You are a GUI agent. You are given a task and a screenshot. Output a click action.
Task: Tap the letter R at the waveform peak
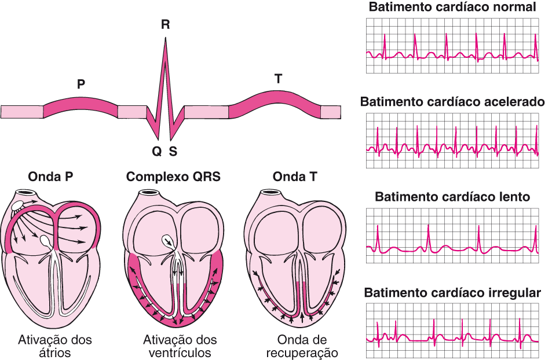click(x=166, y=24)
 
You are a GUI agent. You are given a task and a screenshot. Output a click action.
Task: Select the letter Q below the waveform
click(x=156, y=152)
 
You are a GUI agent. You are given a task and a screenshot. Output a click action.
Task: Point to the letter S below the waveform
click(x=173, y=152)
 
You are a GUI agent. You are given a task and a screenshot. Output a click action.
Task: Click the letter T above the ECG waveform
click(x=279, y=79)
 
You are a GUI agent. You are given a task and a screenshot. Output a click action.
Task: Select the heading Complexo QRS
click(x=173, y=177)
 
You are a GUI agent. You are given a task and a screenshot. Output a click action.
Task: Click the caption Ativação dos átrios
click(x=56, y=346)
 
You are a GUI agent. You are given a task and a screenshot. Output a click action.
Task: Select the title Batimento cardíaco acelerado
click(x=452, y=102)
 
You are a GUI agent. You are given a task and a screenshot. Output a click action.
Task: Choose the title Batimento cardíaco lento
click(x=452, y=197)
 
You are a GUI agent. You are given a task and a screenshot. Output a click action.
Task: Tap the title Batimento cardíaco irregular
click(x=452, y=292)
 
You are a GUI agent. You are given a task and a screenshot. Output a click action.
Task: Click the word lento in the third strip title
click(x=513, y=197)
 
